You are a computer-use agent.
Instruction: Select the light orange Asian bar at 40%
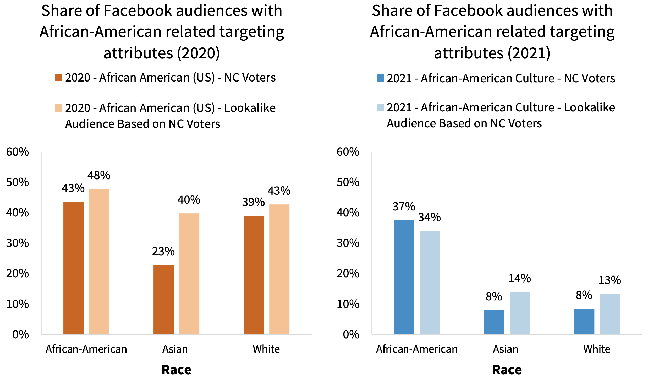189,273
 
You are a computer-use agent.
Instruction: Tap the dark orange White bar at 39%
254,274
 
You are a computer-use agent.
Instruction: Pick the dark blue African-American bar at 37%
404,277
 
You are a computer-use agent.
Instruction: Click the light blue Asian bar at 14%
520,313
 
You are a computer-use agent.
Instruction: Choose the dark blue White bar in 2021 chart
584,321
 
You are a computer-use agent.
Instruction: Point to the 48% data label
99,175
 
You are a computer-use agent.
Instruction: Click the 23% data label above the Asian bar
163,251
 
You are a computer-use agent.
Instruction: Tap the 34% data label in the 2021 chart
429,217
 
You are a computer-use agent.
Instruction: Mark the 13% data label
609,280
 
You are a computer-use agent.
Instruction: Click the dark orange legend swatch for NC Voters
59,78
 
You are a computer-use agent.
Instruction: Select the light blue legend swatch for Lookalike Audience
380,107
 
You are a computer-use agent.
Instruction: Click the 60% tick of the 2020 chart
17,152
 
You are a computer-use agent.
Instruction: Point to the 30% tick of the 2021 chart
348,243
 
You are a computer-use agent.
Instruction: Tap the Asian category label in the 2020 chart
175,349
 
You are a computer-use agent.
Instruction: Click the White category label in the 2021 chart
597,349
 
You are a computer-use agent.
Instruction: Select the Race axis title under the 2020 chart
176,370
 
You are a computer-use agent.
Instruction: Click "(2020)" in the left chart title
198,53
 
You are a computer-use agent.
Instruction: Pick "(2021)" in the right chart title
529,53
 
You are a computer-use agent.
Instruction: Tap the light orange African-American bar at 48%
99,261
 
